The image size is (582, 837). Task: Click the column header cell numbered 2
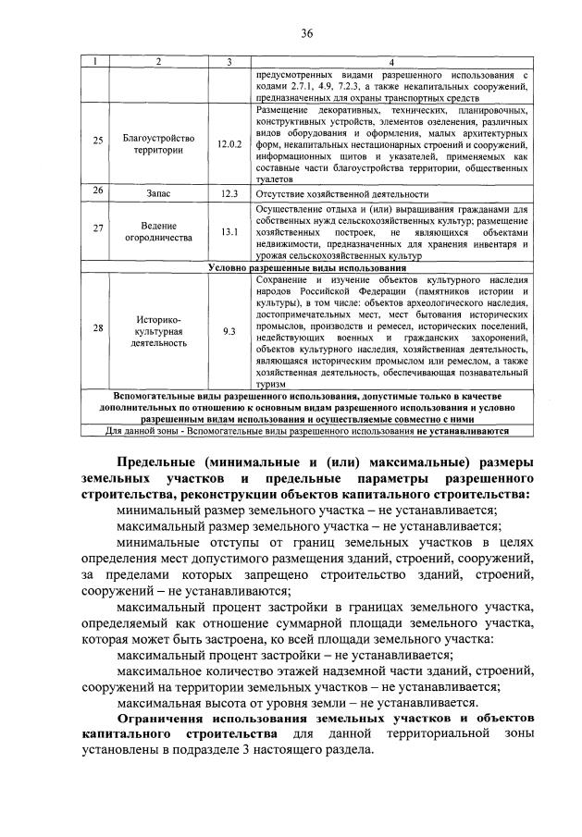click(x=158, y=61)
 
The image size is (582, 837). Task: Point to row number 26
click(x=98, y=193)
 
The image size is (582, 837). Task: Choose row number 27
click(x=98, y=230)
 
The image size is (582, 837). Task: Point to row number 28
click(x=98, y=328)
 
